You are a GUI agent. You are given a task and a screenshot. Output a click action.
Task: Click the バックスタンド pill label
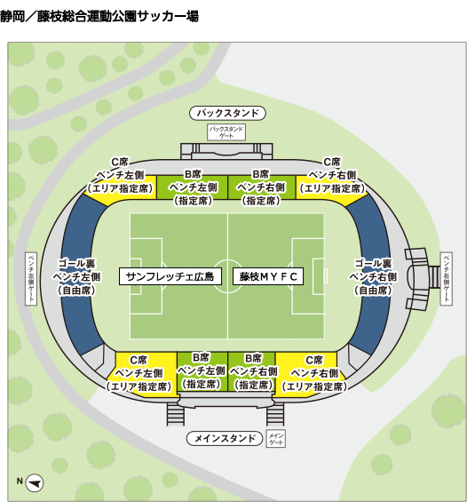coord(227,113)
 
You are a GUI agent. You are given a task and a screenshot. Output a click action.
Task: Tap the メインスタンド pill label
coord(225,438)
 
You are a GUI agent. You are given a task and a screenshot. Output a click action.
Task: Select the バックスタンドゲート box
coord(226,131)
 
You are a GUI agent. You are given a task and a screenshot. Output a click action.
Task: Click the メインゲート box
coord(276,439)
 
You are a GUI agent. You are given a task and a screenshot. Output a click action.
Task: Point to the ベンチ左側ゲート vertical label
coord(31,278)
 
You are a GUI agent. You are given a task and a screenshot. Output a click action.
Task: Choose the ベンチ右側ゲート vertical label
coord(447,278)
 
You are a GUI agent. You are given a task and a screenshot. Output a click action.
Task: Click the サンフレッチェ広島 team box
coord(170,276)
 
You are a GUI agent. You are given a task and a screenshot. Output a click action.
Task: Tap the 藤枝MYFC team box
coord(268,276)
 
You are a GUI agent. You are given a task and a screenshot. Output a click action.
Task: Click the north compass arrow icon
coord(35,482)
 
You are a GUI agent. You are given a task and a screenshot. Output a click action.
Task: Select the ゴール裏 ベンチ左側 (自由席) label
coord(76,277)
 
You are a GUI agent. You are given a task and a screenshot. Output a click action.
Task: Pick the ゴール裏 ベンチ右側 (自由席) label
coord(373,277)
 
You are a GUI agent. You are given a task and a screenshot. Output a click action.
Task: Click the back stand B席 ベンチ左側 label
coord(193,187)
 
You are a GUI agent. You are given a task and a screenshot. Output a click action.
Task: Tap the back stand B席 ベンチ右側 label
coord(261,187)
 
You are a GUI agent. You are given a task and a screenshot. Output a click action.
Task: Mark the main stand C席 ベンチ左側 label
coord(139,373)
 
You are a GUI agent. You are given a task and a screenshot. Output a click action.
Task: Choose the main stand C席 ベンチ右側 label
coord(314,373)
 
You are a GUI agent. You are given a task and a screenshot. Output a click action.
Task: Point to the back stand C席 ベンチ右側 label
coord(332,175)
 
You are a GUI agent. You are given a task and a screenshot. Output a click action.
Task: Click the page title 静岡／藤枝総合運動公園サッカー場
coord(99,16)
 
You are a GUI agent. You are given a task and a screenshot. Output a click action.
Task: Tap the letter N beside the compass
coord(20,482)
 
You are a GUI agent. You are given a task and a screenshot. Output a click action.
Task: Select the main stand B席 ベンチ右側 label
coord(253,371)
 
